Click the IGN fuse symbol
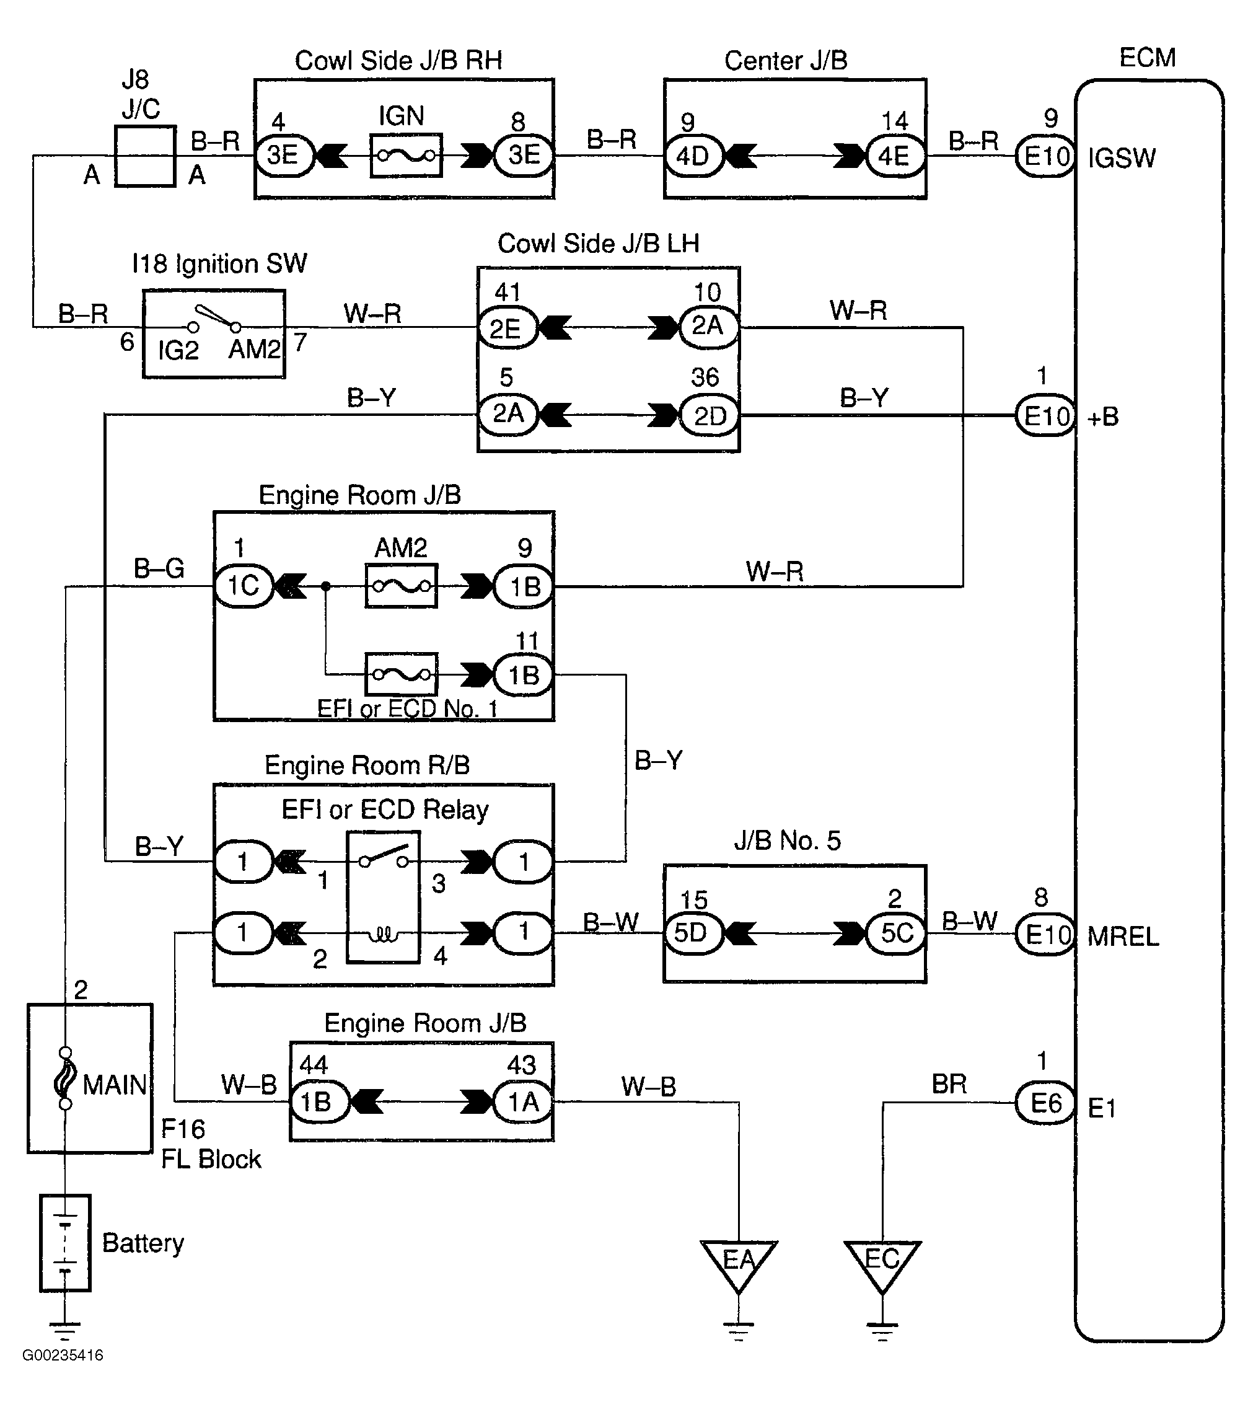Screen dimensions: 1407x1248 [406, 156]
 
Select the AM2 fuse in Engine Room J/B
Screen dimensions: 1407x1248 [401, 586]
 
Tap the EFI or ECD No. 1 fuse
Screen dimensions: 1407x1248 [401, 674]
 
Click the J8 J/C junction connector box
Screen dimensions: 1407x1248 [145, 156]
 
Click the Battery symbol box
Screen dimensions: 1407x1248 [64, 1243]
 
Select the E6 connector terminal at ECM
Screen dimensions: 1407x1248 [1045, 1103]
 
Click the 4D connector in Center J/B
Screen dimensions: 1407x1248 [693, 156]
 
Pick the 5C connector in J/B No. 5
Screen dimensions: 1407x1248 [896, 933]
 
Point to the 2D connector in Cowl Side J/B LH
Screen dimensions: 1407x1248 [709, 416]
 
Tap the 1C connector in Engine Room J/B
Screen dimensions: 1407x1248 [244, 586]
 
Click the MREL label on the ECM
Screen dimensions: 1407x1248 [1123, 936]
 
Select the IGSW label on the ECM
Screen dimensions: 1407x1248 [1122, 158]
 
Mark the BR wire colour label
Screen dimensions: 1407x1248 [949, 1085]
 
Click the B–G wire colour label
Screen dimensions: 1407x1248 [159, 568]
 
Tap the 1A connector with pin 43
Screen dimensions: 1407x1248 [523, 1102]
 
